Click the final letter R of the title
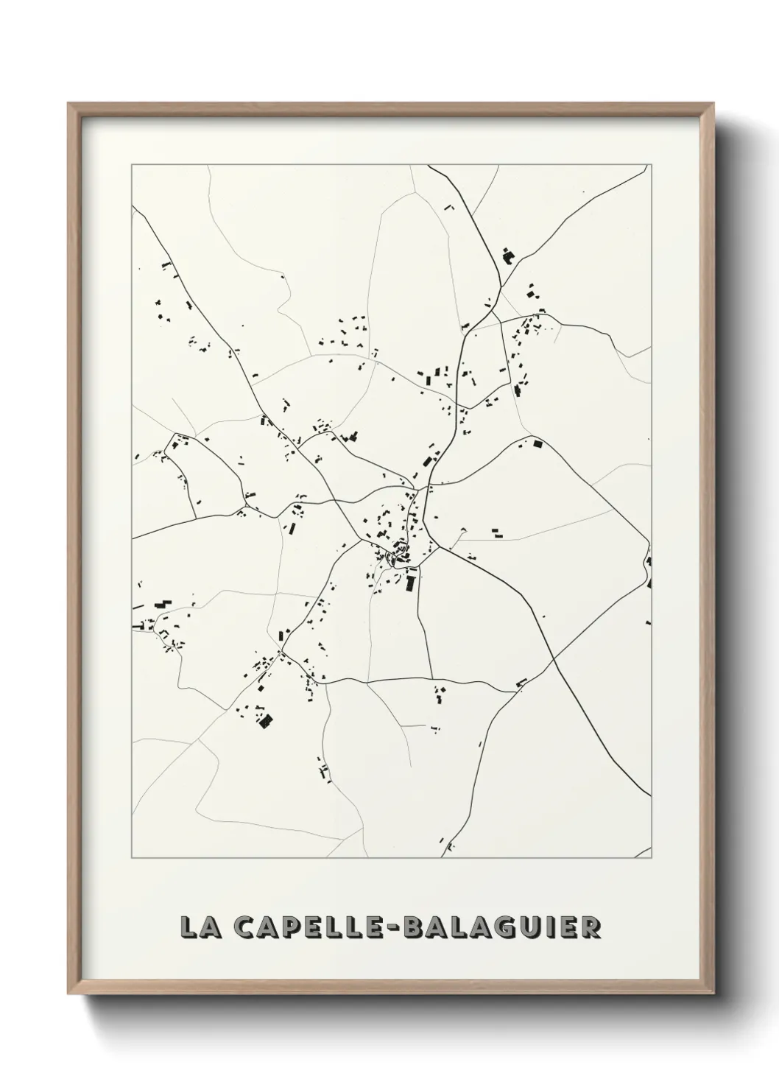[x=591, y=927]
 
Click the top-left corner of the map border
[x=132, y=165]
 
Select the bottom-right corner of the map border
[x=652, y=858]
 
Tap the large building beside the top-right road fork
[x=507, y=256]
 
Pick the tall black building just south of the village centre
[x=410, y=583]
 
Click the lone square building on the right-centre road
[x=537, y=444]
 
